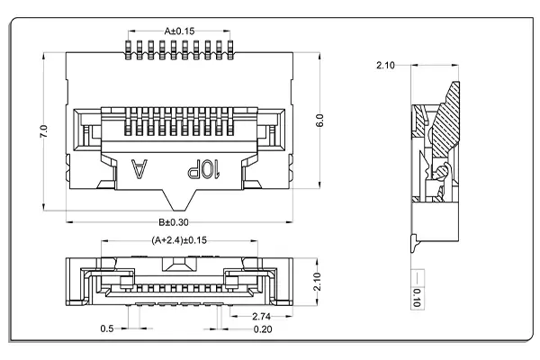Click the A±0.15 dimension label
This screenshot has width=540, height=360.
pos(179,31)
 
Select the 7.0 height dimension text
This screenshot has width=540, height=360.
pos(42,132)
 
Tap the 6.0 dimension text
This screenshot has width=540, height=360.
pos(319,121)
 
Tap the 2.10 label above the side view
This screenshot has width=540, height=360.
pos(385,66)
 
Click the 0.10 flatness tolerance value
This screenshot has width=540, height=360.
pos(417,298)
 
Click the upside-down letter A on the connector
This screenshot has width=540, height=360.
pos(139,168)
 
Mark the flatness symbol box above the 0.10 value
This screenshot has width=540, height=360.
pos(417,276)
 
